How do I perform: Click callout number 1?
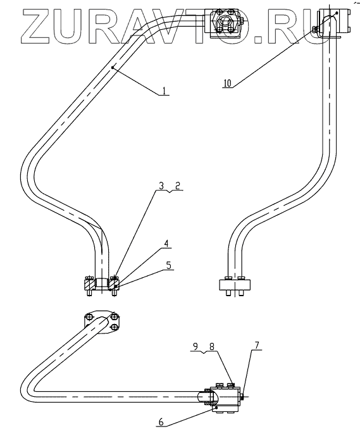click(164, 90)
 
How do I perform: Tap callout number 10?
click(227, 83)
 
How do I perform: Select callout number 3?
click(161, 186)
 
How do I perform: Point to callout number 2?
click(177, 185)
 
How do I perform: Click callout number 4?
click(166, 244)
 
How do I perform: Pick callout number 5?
click(168, 265)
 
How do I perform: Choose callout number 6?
click(161, 422)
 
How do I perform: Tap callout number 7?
click(256, 346)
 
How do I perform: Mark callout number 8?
click(212, 346)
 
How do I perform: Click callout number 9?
click(196, 346)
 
